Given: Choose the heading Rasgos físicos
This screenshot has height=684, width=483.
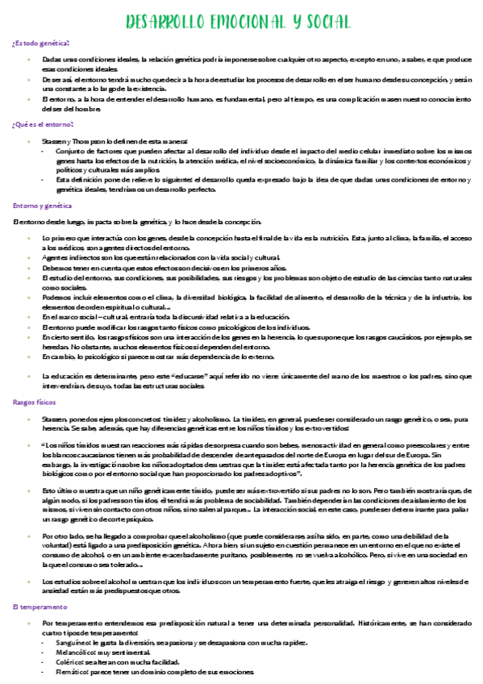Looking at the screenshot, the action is pyautogui.click(x=34, y=401).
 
